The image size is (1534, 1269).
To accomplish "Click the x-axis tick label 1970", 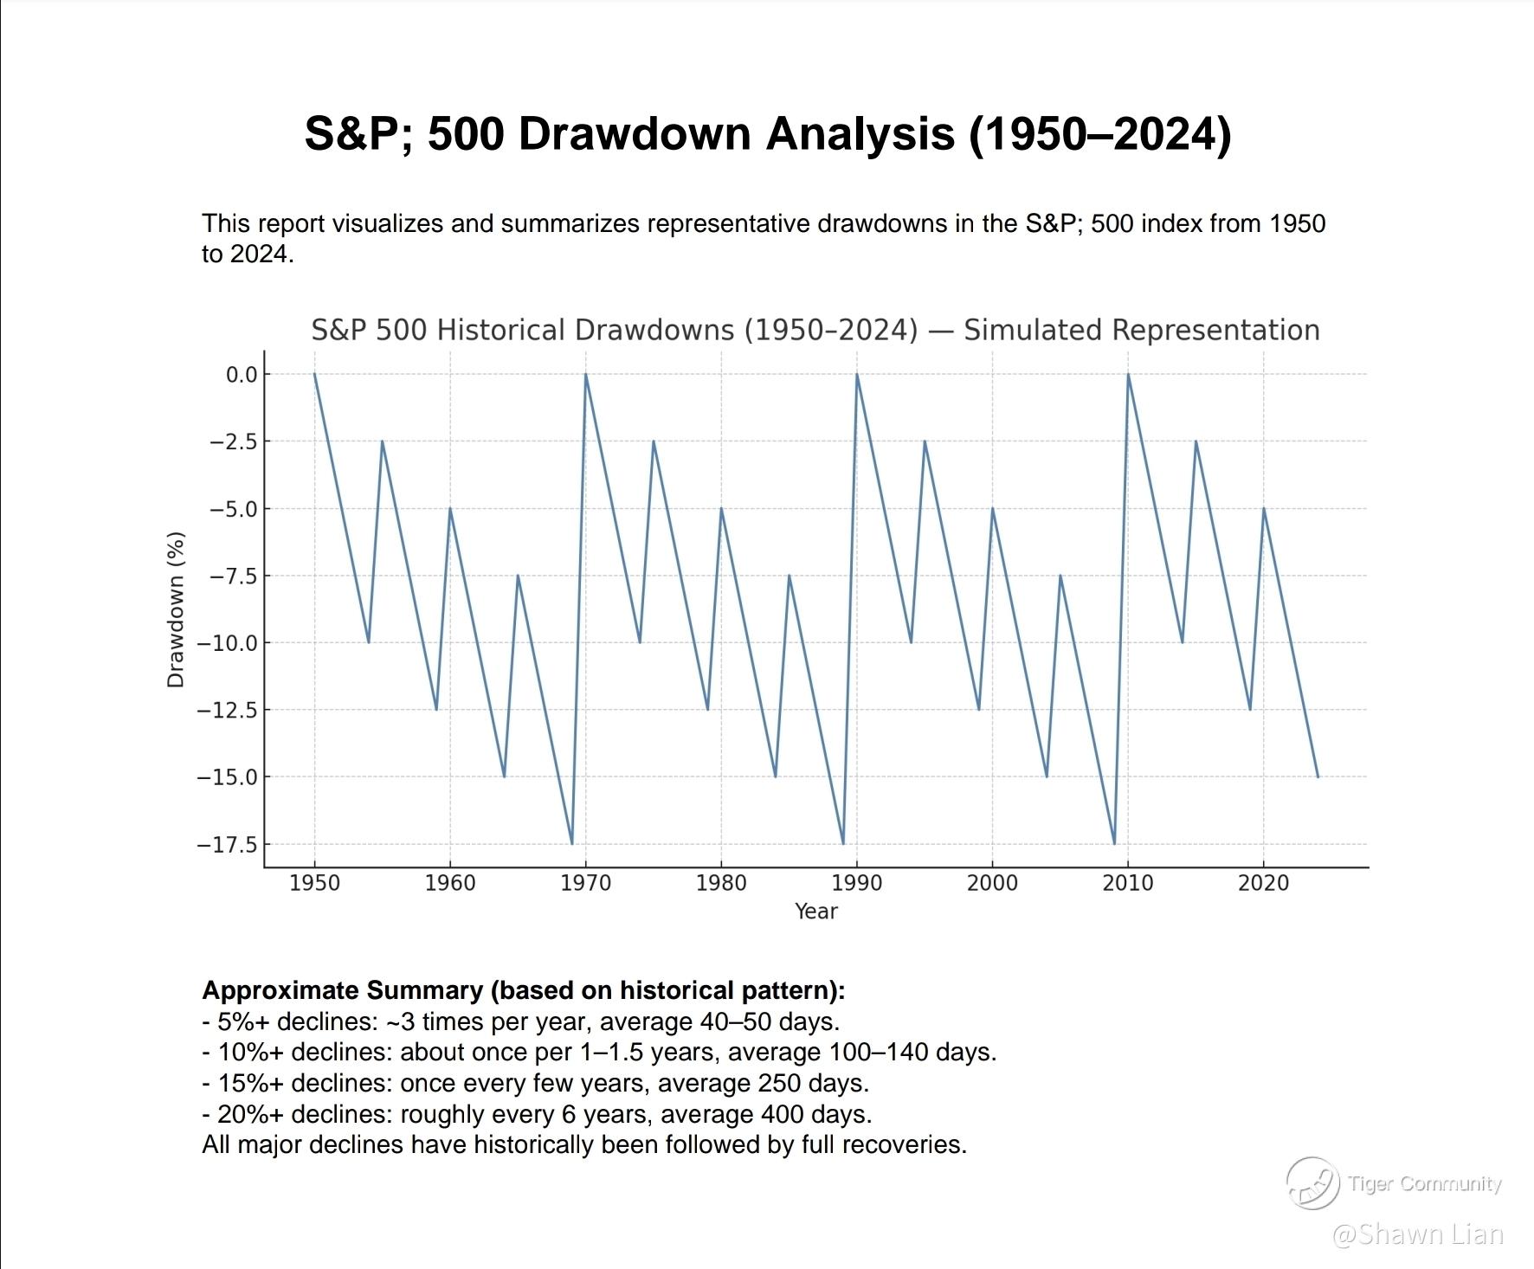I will (x=585, y=883).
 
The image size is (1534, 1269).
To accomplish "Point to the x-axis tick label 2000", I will (x=992, y=883).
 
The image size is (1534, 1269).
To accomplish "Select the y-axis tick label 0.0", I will (x=242, y=375).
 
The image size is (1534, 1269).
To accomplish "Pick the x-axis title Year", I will (x=815, y=911).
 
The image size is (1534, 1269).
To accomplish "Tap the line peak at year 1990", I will (x=857, y=374).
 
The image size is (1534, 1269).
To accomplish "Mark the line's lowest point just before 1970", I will (x=572, y=843).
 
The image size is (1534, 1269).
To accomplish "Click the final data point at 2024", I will (x=1318, y=776).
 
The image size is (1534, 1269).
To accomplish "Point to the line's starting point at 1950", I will (x=314, y=374).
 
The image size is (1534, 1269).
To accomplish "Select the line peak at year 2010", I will (x=1128, y=374).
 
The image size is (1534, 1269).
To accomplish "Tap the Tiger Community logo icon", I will (x=1312, y=1183).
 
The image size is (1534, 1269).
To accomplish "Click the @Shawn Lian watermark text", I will (x=1417, y=1234).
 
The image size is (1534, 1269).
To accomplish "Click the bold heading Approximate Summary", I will (x=342, y=990).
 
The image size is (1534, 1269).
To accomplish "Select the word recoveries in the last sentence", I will (x=904, y=1144).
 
